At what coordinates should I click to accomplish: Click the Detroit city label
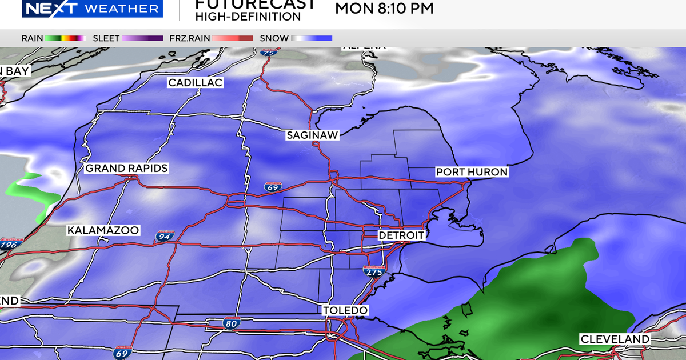pyautogui.click(x=402, y=235)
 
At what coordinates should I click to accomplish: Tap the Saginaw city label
pyautogui.click(x=313, y=135)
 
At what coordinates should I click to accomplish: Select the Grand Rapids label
pyautogui.click(x=126, y=169)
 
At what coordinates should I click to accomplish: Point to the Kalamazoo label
pyautogui.click(x=103, y=230)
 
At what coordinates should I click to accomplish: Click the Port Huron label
pyautogui.click(x=472, y=172)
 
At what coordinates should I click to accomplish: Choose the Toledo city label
pyautogui.click(x=345, y=310)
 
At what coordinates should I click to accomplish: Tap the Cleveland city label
pyautogui.click(x=615, y=339)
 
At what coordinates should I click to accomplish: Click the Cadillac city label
pyautogui.click(x=195, y=83)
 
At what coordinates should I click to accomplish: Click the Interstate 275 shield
pyautogui.click(x=374, y=271)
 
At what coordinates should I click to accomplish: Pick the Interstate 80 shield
pyautogui.click(x=231, y=324)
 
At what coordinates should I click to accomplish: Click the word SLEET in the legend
pyautogui.click(x=106, y=38)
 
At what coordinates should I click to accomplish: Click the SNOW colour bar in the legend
pyautogui.click(x=312, y=38)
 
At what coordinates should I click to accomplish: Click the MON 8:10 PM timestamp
pyautogui.click(x=384, y=9)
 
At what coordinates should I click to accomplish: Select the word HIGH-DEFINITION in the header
pyautogui.click(x=248, y=17)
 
